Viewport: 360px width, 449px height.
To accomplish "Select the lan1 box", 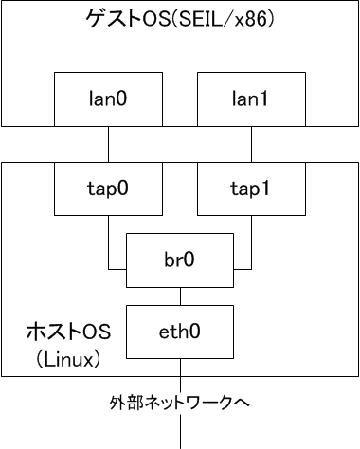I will pyautogui.click(x=250, y=97).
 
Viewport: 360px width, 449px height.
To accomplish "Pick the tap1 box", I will pyautogui.click(x=250, y=187).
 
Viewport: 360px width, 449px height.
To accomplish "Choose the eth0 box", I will pyautogui.click(x=179, y=332).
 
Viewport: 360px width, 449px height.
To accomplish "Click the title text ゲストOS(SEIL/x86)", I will pyautogui.click(x=179, y=19).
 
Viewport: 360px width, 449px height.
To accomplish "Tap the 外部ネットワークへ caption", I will pyautogui.click(x=179, y=403).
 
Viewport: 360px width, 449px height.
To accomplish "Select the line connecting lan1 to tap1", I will pyautogui.click(x=250, y=143).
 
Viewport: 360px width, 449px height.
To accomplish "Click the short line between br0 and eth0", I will pyautogui.click(x=179, y=294).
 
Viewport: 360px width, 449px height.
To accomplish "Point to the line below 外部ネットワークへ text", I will pyautogui.click(x=179, y=431).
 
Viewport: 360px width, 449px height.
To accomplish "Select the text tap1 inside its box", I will pyautogui.click(x=250, y=187).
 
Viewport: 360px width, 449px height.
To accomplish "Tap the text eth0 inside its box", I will pyautogui.click(x=179, y=332).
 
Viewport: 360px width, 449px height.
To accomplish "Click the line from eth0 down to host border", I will pyautogui.click(x=179, y=368).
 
